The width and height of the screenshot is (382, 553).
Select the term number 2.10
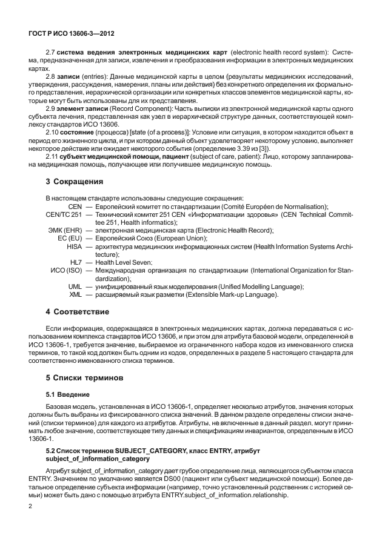click(x=53, y=131)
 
